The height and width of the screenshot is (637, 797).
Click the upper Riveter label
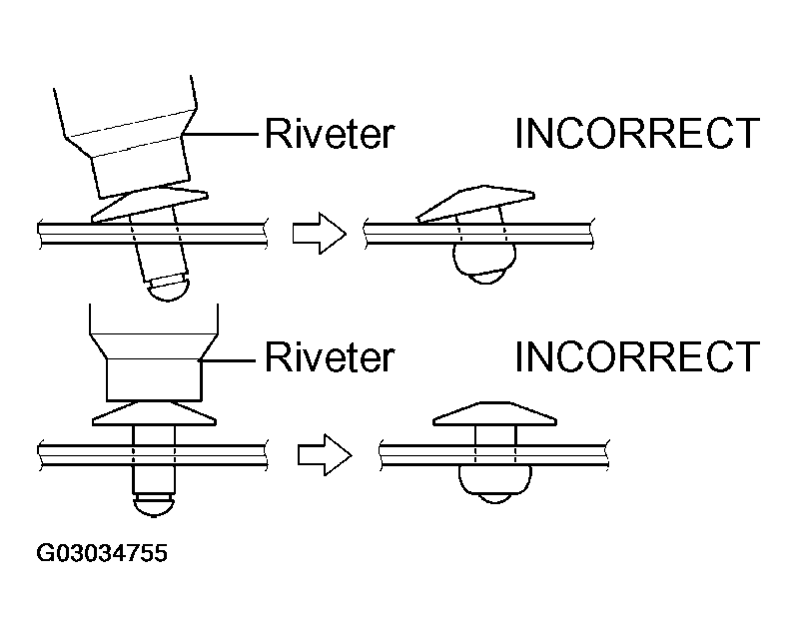[329, 134]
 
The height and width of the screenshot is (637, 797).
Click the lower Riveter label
[329, 356]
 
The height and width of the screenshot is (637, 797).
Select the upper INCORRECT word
[637, 134]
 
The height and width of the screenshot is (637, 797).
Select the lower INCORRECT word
[637, 356]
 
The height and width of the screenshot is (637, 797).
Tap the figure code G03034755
[101, 553]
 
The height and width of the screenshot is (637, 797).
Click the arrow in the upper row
[318, 233]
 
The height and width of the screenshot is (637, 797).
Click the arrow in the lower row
[324, 455]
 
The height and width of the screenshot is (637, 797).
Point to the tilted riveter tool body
[129, 140]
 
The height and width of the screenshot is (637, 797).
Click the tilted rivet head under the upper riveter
[150, 204]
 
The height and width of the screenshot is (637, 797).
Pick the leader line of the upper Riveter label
[228, 134]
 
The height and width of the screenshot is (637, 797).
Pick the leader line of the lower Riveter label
[232, 356]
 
